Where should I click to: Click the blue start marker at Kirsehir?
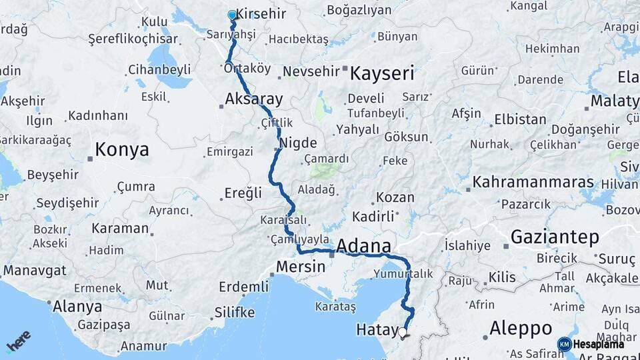coord(232,15)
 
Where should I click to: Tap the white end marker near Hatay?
coord(402,331)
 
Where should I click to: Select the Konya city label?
coord(122,149)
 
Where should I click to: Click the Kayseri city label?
coord(382,73)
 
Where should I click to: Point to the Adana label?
coord(363,246)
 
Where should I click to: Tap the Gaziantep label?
coord(555,237)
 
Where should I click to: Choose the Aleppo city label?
coord(521,328)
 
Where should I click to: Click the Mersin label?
coord(300,267)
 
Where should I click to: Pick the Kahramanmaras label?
coord(533,182)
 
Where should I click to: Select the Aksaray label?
coord(254,99)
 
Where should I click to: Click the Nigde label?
coord(298,143)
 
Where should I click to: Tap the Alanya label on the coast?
coord(79,307)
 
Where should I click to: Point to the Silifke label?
coord(234,312)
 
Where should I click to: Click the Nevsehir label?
coord(311,71)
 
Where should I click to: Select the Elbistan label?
coord(519,121)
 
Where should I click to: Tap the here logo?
coord(18,341)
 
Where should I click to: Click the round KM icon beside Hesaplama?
coord(565,344)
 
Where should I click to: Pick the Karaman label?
coord(120,228)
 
